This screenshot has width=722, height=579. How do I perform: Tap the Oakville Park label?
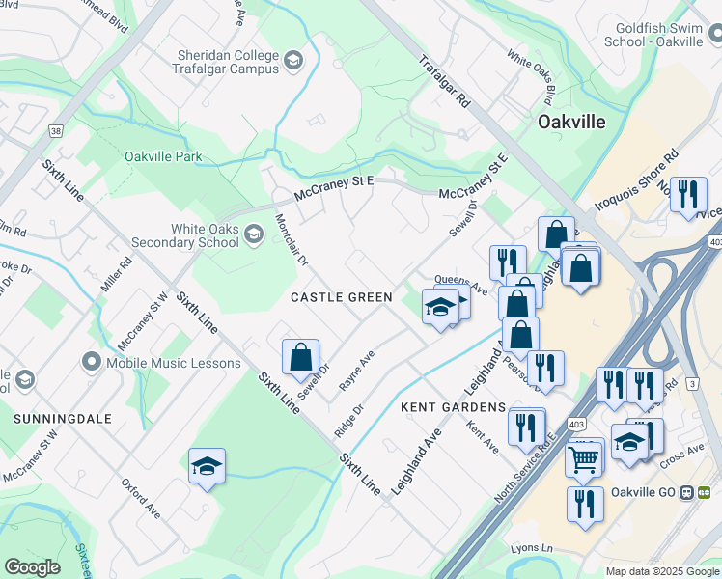coord(163,155)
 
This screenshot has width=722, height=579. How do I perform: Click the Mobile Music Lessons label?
coord(174,363)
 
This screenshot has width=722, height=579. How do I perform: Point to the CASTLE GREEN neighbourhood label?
coord(342,297)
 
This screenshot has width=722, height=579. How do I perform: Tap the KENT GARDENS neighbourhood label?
coord(453,407)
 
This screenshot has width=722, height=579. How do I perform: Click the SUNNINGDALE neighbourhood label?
coord(63,419)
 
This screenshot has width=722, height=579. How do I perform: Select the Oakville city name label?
coord(571,123)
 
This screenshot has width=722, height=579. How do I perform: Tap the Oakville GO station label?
coord(647,491)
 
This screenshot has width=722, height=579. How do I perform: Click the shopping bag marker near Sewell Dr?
coord(300,356)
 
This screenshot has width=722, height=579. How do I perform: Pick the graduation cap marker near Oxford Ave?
coord(207,466)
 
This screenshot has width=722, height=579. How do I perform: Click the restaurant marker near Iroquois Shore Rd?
coord(687,196)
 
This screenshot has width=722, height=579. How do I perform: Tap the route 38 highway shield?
coord(55,131)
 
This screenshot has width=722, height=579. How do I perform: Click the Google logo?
coord(33,567)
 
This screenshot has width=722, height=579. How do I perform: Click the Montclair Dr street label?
coord(290,240)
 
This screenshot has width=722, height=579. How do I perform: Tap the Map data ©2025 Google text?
coord(662,571)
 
